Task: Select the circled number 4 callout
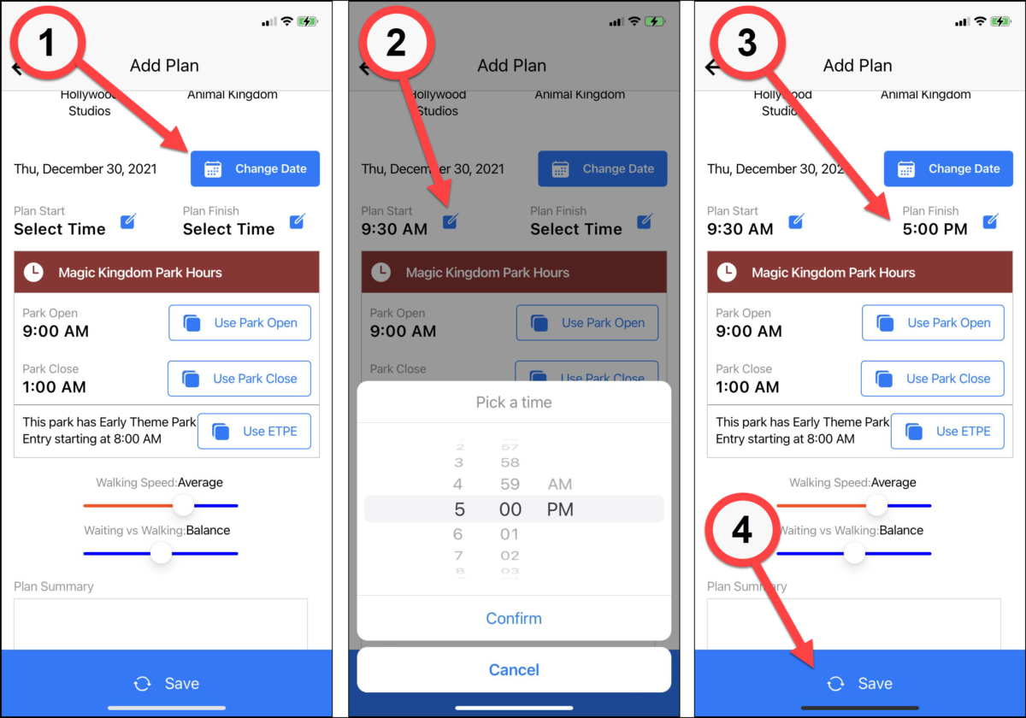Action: click(742, 531)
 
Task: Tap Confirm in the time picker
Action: click(514, 618)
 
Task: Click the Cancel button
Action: click(514, 669)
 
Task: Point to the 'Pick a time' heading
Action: click(514, 402)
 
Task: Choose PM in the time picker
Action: click(560, 509)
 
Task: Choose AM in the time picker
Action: click(560, 484)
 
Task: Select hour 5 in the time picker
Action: click(459, 509)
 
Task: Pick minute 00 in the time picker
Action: click(510, 509)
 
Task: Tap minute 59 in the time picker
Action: click(510, 484)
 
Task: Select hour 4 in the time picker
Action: click(458, 484)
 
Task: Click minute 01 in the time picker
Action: click(510, 534)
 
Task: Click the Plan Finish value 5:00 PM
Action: click(935, 229)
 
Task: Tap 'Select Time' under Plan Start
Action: click(60, 229)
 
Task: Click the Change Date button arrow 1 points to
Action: click(255, 168)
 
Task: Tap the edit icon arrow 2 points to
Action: click(451, 222)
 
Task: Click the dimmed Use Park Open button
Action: click(587, 323)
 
